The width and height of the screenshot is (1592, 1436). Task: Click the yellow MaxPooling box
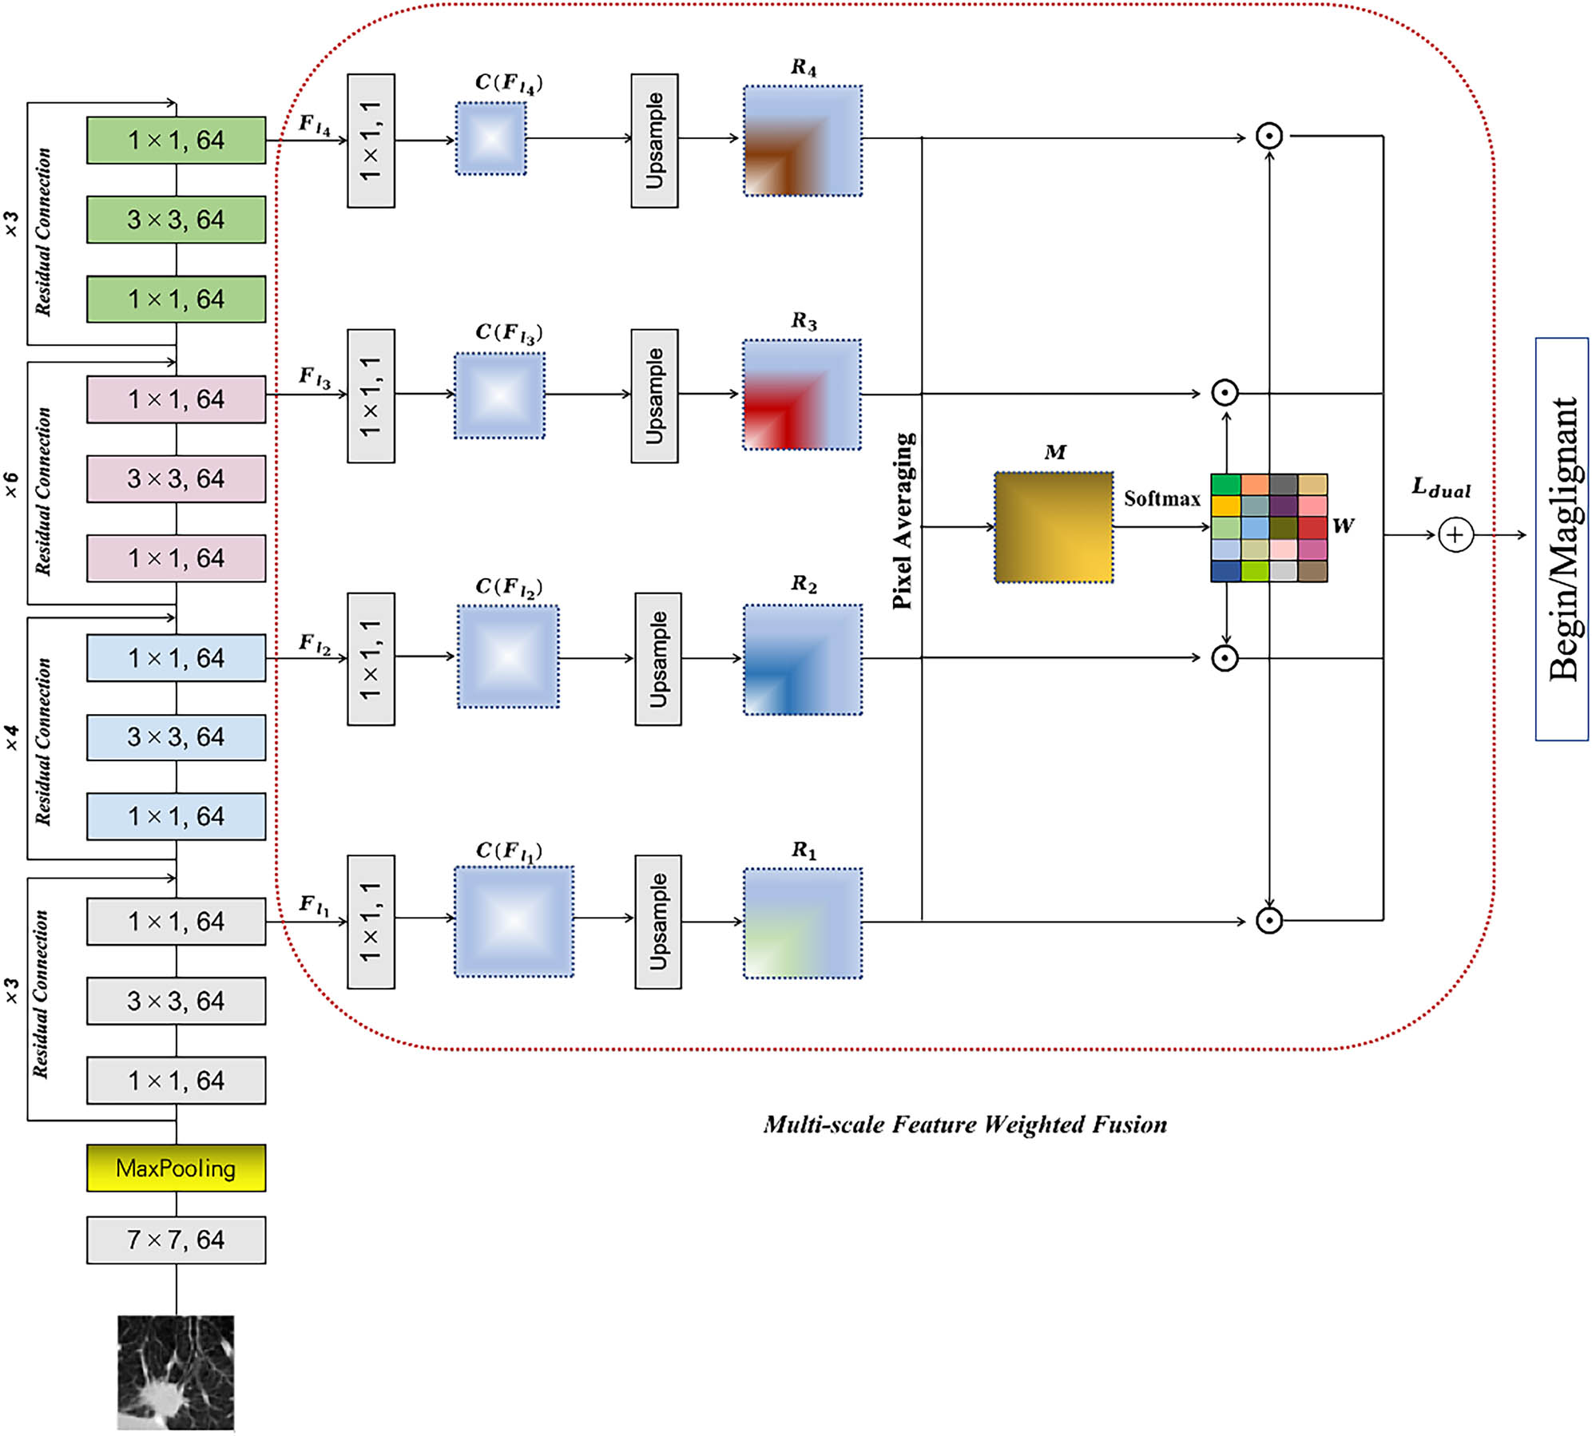(x=176, y=1168)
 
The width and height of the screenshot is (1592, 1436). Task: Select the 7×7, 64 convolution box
(x=176, y=1240)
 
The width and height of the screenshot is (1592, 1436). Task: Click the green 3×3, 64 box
(x=176, y=220)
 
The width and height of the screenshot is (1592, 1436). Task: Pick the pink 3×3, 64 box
(x=176, y=478)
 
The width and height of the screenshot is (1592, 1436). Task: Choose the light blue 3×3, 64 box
(x=176, y=737)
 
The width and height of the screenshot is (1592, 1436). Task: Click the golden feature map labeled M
(x=1054, y=527)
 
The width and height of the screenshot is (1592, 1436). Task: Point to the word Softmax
(x=1161, y=499)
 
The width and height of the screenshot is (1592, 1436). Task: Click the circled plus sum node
(x=1455, y=534)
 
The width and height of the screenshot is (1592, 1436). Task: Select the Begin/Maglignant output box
(x=1562, y=539)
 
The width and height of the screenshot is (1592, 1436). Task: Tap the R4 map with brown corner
(x=803, y=141)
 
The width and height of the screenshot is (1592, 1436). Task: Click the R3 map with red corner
(x=802, y=395)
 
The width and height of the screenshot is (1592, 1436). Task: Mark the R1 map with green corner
(x=803, y=923)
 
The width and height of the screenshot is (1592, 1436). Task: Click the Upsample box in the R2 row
(x=658, y=659)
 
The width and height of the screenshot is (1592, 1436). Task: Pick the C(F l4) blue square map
(x=491, y=138)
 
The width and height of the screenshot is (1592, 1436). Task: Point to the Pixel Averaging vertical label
(x=903, y=521)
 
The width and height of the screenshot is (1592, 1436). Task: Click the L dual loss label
(x=1440, y=488)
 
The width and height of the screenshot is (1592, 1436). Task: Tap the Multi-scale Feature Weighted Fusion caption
(x=964, y=1125)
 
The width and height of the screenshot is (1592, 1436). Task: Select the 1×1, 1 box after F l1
(x=371, y=922)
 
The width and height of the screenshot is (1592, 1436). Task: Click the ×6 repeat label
(x=11, y=485)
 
